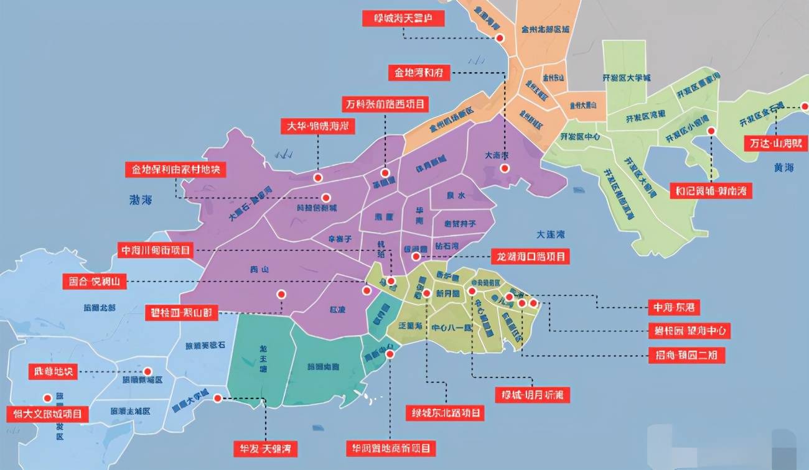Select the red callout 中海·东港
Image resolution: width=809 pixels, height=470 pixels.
(x=673, y=307)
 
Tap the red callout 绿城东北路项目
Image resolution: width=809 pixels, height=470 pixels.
(x=445, y=412)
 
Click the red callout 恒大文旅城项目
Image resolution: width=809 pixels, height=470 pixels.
(x=48, y=414)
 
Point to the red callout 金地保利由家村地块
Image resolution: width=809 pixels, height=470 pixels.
(x=175, y=169)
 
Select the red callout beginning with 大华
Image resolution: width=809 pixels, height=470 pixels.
(x=317, y=126)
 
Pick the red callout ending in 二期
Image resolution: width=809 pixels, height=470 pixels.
(x=686, y=355)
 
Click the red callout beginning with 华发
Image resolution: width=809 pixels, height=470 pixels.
(x=265, y=448)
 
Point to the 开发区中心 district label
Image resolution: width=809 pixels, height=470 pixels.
(x=579, y=137)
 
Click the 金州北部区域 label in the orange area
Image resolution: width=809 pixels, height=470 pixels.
(x=545, y=29)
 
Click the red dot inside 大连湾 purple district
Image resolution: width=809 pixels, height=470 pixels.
(x=505, y=168)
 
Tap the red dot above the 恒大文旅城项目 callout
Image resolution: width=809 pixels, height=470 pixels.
(x=47, y=398)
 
